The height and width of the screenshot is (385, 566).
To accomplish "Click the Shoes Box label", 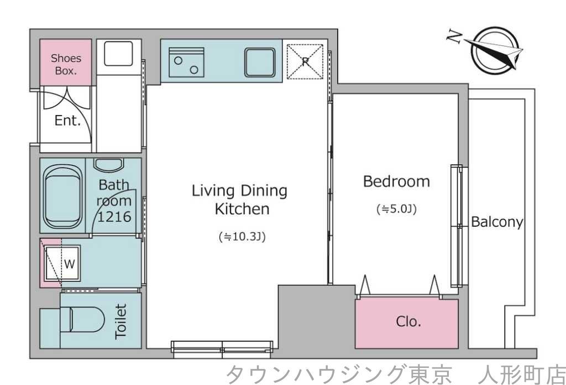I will [66, 64].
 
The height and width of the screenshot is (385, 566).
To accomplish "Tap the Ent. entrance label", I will [67, 121].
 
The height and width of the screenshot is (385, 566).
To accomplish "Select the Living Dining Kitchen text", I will [240, 200].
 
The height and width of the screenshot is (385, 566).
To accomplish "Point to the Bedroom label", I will [396, 181].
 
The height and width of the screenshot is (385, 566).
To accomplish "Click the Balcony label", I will [497, 222].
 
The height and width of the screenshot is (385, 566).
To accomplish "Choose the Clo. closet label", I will [408, 322].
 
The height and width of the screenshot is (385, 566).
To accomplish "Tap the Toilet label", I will [120, 321].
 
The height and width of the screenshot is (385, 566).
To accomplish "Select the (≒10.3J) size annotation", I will [243, 237].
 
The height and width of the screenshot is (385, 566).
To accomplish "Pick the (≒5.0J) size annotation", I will [396, 209].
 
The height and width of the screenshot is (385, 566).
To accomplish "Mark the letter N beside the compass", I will [454, 37].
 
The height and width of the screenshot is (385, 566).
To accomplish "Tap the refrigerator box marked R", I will [305, 61].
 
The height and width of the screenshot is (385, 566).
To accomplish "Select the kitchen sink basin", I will [260, 62].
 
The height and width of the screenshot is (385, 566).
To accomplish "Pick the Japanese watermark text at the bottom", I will [395, 374].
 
